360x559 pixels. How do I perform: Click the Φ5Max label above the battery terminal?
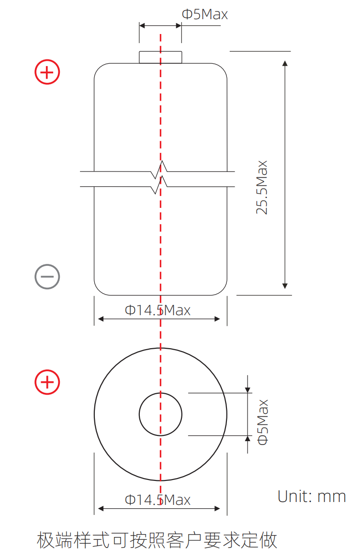coord(204,14)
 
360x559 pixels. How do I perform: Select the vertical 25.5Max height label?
coord(262,187)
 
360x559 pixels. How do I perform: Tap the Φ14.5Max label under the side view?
coord(157,310)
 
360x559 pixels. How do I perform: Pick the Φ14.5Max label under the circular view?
coord(157,500)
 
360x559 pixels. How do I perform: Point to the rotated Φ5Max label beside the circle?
coord(263,422)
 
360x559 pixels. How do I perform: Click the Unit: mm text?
coord(312,497)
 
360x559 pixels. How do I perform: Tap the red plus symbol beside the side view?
coord(47,72)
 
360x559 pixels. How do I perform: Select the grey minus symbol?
coord(47,277)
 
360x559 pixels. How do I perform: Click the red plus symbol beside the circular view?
coord(47,382)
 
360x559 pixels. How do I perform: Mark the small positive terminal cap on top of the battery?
coord(160,57)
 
